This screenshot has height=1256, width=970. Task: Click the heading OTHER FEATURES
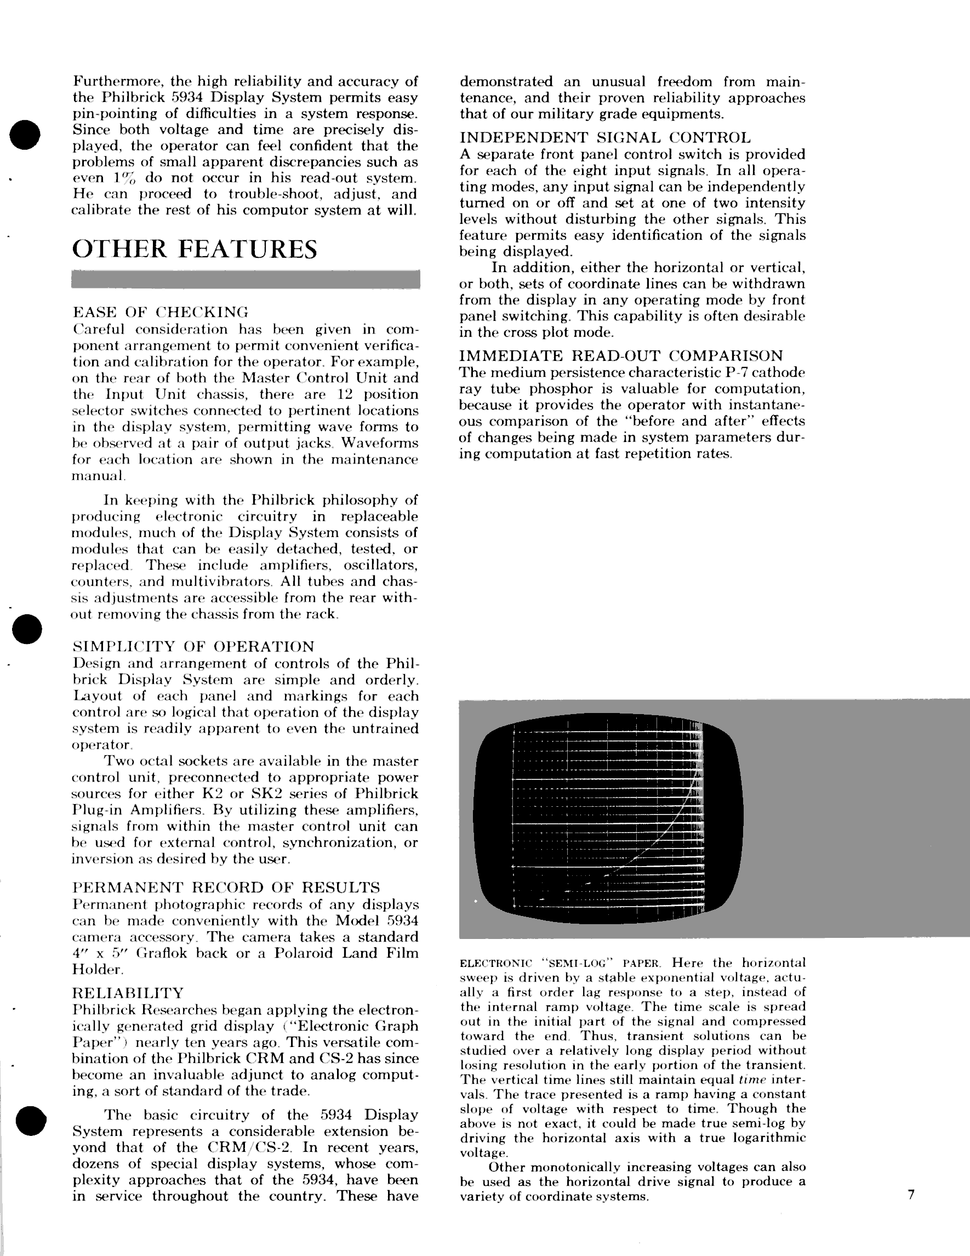pyautogui.click(x=195, y=250)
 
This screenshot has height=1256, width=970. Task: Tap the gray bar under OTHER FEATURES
pyautogui.click(x=246, y=280)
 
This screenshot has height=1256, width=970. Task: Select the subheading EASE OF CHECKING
pyautogui.click(x=161, y=312)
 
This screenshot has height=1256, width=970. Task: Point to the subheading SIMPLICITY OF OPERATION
pyautogui.click(x=193, y=647)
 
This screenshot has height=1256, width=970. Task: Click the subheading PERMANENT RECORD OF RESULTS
pyautogui.click(x=226, y=887)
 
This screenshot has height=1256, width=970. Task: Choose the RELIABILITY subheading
pyautogui.click(x=128, y=993)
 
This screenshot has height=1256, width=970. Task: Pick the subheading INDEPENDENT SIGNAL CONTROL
pyautogui.click(x=604, y=138)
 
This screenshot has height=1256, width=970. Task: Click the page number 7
pyautogui.click(x=911, y=1195)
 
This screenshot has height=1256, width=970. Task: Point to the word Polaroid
pyautogui.click(x=305, y=953)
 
